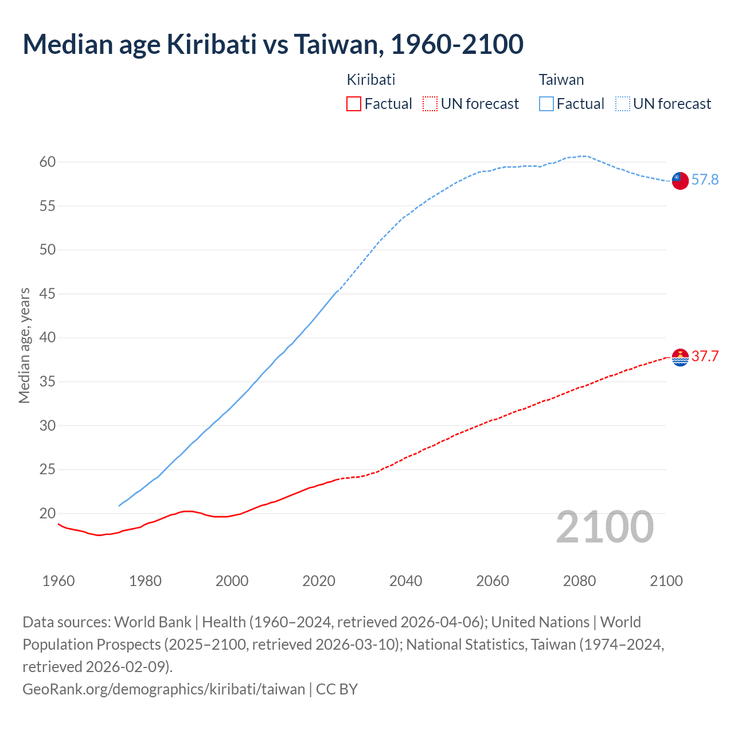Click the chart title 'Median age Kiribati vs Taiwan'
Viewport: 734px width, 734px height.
coord(272,45)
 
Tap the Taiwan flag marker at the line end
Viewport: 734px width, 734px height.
coord(680,180)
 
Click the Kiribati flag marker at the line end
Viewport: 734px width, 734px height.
coord(680,357)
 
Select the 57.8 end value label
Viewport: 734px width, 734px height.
coord(705,180)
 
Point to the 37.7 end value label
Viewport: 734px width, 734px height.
coord(705,356)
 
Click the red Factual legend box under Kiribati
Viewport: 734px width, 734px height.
coord(354,104)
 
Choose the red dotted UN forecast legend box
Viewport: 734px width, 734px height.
coord(430,104)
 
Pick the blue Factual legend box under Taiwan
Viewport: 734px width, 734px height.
coord(546,104)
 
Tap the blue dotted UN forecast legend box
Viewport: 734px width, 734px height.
coord(623,104)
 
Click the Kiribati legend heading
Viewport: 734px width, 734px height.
coord(371,80)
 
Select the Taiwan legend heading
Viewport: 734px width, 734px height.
coord(561,80)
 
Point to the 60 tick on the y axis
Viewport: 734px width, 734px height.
coord(48,162)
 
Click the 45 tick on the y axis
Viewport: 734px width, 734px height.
coord(48,294)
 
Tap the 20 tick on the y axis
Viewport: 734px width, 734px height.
coord(48,513)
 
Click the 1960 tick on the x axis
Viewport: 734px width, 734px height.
coord(58,581)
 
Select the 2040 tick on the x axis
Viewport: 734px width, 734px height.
coord(405,581)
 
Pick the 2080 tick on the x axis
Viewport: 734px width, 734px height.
coord(579,581)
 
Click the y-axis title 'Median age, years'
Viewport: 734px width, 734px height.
coord(25,346)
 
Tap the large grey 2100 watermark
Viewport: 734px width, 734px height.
coord(604,527)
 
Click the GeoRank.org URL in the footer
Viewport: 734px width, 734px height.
coord(164,689)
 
